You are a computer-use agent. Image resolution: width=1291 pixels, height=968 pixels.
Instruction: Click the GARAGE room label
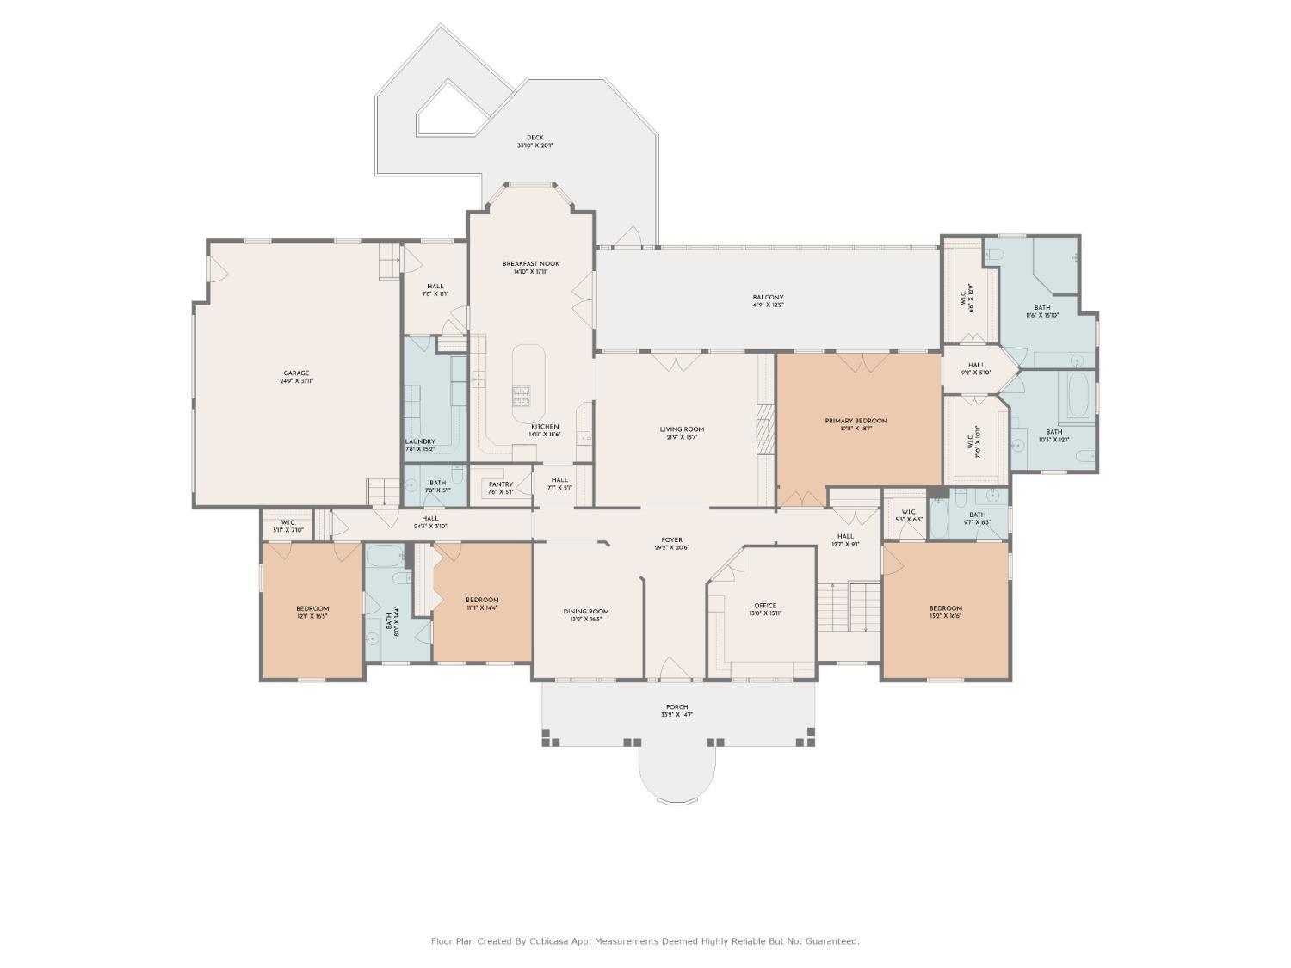click(x=296, y=373)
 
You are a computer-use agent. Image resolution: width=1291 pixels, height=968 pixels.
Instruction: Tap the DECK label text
click(x=534, y=138)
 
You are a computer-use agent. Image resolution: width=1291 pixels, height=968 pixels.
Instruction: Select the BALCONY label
click(x=768, y=298)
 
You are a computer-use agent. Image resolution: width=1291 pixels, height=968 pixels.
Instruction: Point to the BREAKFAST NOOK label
click(x=530, y=264)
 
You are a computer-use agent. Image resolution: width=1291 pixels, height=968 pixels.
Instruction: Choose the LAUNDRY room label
click(x=419, y=441)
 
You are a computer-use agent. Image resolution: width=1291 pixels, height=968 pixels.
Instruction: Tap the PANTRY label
click(x=500, y=484)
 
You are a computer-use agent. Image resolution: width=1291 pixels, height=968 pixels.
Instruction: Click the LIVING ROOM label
click(x=682, y=429)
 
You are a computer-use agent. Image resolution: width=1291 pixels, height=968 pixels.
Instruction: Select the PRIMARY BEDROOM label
click(x=856, y=421)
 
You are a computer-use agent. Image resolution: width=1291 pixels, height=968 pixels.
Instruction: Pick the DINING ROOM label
click(x=586, y=612)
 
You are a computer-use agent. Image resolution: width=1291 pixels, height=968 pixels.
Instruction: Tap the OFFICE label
click(x=764, y=606)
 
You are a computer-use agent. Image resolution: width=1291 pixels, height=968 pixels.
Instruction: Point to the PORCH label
click(x=676, y=707)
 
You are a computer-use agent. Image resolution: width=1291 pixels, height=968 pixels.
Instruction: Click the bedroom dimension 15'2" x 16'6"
click(x=945, y=616)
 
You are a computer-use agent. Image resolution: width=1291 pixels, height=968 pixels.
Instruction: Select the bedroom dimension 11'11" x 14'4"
click(x=482, y=607)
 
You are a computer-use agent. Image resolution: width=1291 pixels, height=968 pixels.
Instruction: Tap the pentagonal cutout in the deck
click(x=449, y=112)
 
